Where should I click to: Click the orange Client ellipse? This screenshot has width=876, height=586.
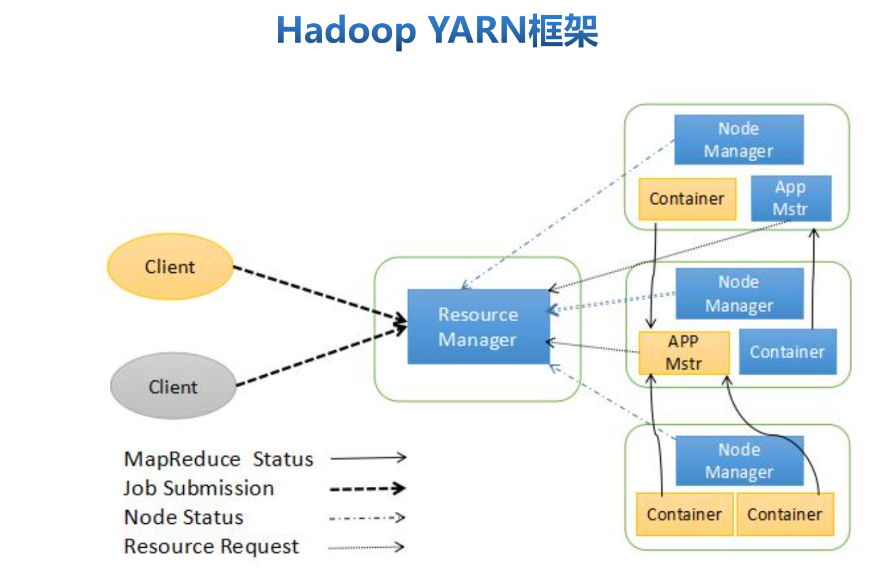[x=170, y=267]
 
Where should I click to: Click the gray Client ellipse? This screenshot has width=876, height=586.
[x=173, y=386]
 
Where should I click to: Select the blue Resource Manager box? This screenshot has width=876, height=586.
[x=478, y=326]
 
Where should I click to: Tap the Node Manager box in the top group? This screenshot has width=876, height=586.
[x=739, y=140]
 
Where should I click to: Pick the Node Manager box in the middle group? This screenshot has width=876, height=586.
[x=739, y=294]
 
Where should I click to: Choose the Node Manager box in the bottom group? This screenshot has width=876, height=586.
[x=739, y=461]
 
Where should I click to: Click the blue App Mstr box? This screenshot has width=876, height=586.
[x=791, y=198]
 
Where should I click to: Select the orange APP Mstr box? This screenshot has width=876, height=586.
[x=683, y=353]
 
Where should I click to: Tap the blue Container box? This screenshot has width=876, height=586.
[x=788, y=352]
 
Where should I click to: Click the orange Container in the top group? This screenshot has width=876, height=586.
[x=687, y=199]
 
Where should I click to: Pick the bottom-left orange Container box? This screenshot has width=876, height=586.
[x=684, y=514]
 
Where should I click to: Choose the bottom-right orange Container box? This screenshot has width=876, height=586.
[x=784, y=514]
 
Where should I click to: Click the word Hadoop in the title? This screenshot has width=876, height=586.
[x=346, y=30]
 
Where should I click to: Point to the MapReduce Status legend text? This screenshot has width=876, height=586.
[x=218, y=459]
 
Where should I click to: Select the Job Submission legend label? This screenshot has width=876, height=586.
[x=199, y=488]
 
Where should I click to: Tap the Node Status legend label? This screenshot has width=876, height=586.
[x=184, y=517]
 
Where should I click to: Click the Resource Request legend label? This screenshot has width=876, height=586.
[x=211, y=546]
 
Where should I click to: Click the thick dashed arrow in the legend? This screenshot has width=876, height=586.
[x=367, y=488]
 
